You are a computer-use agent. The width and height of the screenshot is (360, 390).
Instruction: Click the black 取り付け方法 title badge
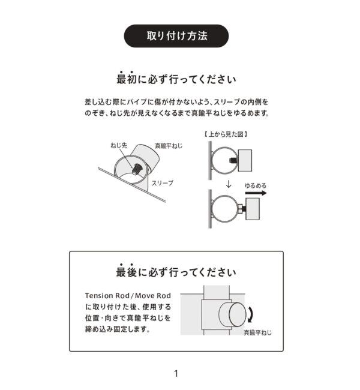click(x=176, y=35)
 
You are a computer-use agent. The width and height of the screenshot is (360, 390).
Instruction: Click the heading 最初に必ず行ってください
click(x=176, y=79)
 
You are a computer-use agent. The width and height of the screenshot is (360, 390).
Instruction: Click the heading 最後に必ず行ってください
click(x=176, y=272)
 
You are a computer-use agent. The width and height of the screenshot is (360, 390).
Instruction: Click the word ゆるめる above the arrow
click(x=256, y=187)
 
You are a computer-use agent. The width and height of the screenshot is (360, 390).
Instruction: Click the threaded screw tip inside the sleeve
click(x=137, y=168)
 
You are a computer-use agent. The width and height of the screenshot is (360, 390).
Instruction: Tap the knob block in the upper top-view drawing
click(x=248, y=159)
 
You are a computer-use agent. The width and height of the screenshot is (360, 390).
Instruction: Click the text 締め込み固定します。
click(x=118, y=329)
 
